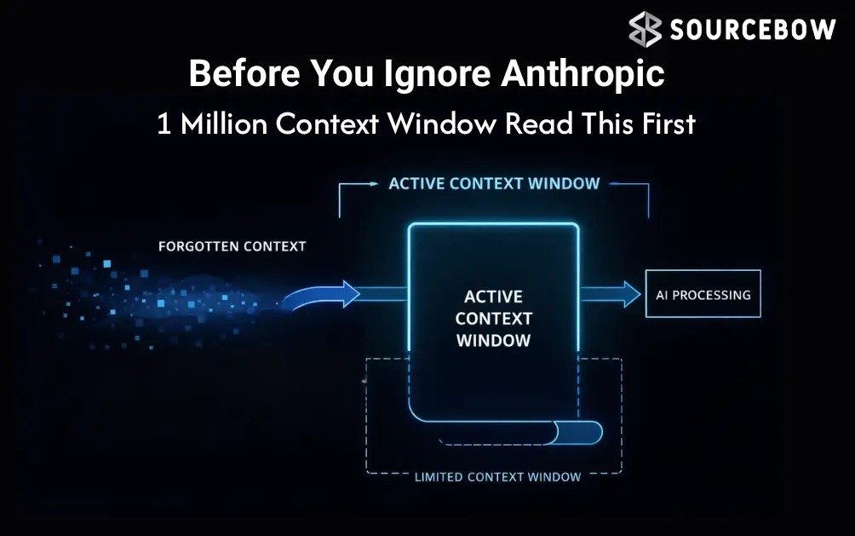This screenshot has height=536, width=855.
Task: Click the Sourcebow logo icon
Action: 646,30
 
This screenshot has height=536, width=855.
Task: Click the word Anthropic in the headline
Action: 582,74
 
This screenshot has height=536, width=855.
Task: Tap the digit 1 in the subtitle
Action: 164,124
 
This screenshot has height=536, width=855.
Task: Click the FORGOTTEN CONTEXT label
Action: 232,246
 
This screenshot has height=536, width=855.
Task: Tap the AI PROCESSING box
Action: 703,294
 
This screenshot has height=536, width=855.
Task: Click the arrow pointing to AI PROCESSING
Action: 611,294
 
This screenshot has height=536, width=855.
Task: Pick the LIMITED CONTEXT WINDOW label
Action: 497,476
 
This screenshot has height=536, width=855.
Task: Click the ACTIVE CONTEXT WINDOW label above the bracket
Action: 494,183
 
